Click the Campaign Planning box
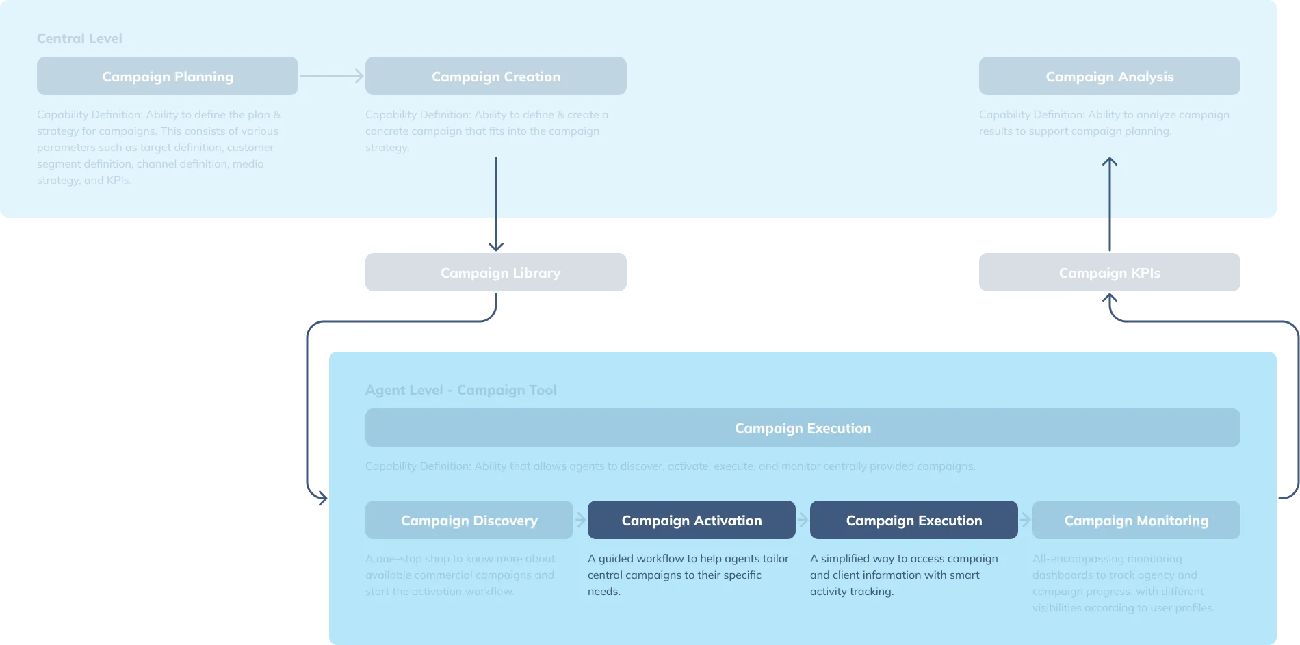coord(168,76)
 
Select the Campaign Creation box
coord(495,76)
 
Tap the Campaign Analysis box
coord(1109,76)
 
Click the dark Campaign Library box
coord(495,273)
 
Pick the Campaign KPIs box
coord(1109,273)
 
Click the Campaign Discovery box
coord(469,520)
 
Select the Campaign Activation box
coord(691,520)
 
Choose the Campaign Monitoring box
coord(1136,520)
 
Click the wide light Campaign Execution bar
coord(803,427)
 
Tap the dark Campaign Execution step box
coord(913,520)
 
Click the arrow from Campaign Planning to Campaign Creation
coord(331,76)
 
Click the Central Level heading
coord(79,38)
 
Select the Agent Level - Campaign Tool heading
coord(460,390)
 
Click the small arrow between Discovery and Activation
coord(580,520)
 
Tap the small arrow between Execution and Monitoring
coord(1025,520)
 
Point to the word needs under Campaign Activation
coord(603,592)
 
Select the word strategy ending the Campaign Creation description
coord(387,148)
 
